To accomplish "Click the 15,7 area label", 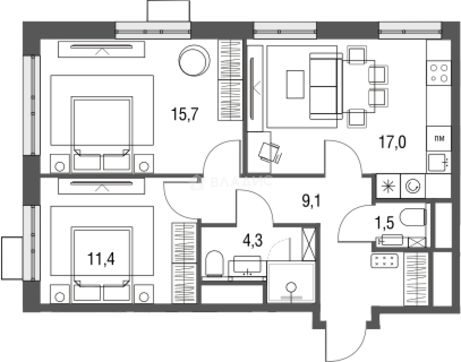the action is [x=185, y=115].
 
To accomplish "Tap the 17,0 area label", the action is [x=392, y=142].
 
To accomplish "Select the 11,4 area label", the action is [x=101, y=259].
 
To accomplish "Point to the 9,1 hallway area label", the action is [x=311, y=201].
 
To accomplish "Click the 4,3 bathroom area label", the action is [x=253, y=240].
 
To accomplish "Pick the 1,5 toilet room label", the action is [x=385, y=223].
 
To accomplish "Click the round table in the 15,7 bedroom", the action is [x=194, y=60].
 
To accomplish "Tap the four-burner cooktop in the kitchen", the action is [x=439, y=73].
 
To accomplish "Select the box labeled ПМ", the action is [x=439, y=138].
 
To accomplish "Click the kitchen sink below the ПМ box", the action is [x=438, y=163].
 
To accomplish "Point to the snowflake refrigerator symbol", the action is [x=388, y=186].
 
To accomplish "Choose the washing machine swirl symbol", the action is [x=413, y=186].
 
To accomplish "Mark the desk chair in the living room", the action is [x=270, y=153].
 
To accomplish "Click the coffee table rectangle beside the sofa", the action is [x=296, y=84].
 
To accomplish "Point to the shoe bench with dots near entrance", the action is [x=384, y=261].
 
